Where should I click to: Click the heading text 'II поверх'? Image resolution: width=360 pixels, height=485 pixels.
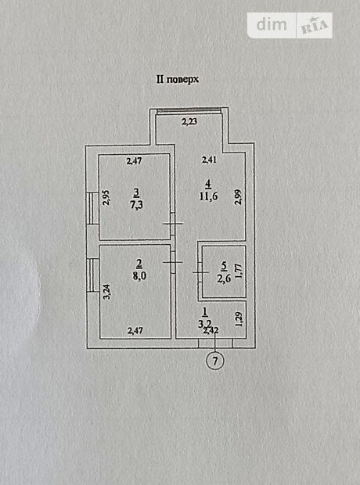pyautogui.click(x=178, y=80)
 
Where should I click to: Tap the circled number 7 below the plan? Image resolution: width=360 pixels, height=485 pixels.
pyautogui.click(x=214, y=361)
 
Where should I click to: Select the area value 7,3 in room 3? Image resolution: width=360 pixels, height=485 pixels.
pyautogui.click(x=136, y=205)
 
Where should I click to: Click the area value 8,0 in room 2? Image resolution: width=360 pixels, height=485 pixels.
pyautogui.click(x=139, y=275)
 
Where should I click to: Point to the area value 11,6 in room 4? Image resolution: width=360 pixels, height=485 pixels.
pyautogui.click(x=209, y=196)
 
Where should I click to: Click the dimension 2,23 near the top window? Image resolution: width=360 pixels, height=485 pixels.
pyautogui.click(x=189, y=121)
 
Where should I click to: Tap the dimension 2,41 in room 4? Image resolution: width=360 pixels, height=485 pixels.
pyautogui.click(x=209, y=160)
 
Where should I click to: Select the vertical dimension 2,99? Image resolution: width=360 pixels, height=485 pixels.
pyautogui.click(x=238, y=197)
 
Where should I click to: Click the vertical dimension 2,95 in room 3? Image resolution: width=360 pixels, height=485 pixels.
pyautogui.click(x=106, y=198)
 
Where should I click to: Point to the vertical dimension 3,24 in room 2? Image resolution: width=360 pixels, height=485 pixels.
pyautogui.click(x=107, y=292)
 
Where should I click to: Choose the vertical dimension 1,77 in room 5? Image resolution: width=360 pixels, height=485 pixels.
pyautogui.click(x=239, y=271)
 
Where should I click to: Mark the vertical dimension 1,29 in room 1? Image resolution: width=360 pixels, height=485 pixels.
pyautogui.click(x=239, y=319)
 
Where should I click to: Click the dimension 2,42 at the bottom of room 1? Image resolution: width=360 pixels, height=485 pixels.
pyautogui.click(x=211, y=331)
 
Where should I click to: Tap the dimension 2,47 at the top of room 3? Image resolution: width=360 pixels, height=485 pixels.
pyautogui.click(x=135, y=161)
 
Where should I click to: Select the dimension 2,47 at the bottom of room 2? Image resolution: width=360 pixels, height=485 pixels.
pyautogui.click(x=135, y=331)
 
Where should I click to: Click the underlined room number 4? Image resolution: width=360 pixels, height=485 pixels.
pyautogui.click(x=209, y=185)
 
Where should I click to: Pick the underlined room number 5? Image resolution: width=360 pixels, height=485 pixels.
pyautogui.click(x=225, y=266)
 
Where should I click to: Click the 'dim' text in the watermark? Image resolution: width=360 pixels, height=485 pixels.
pyautogui.click(x=272, y=24)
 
